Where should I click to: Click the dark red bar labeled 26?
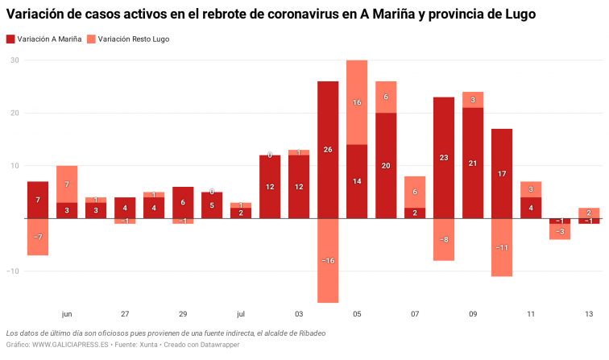click(x=328, y=150)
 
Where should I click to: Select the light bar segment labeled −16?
click(x=328, y=260)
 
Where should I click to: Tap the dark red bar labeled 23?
click(x=444, y=158)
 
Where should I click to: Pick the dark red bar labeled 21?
click(x=473, y=163)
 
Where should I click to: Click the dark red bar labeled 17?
click(x=502, y=173)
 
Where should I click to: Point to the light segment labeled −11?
click(x=502, y=247)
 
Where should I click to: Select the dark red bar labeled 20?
click(x=386, y=165)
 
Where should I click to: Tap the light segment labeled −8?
click(x=444, y=239)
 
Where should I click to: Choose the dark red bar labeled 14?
click(x=357, y=181)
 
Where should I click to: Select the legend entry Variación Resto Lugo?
click(x=133, y=39)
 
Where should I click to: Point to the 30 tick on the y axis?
click(x=14, y=60)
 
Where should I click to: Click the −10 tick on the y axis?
click(x=13, y=271)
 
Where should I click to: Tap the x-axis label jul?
click(x=241, y=314)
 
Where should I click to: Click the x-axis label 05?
click(x=357, y=314)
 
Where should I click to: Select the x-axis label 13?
click(x=589, y=314)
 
